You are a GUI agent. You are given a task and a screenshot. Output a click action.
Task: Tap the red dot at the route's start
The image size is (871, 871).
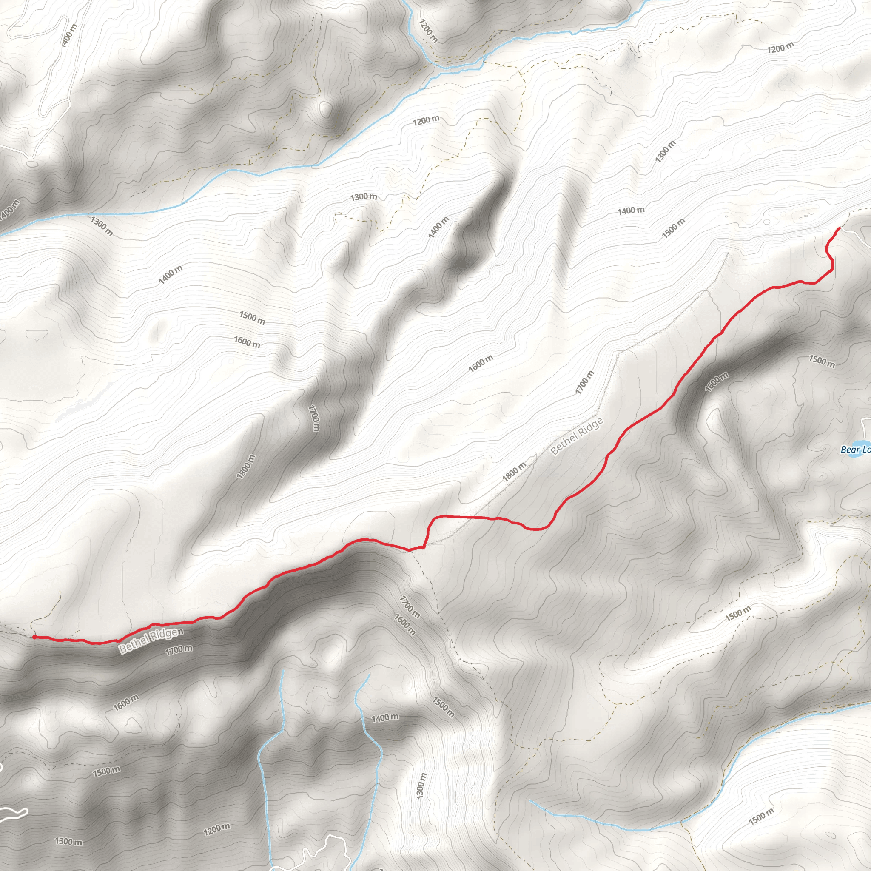[x=35, y=637]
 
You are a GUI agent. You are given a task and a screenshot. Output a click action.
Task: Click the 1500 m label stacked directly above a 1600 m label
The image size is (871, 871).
[x=252, y=318]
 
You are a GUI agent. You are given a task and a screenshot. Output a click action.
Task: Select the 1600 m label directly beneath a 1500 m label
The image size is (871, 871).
[x=247, y=342]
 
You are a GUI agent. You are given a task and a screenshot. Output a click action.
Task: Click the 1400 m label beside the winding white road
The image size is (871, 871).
[x=69, y=35]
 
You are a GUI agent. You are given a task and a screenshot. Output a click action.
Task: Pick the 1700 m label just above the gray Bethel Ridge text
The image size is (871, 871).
[x=585, y=382]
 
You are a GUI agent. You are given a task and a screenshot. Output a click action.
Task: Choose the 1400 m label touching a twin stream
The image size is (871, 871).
[x=384, y=717]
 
